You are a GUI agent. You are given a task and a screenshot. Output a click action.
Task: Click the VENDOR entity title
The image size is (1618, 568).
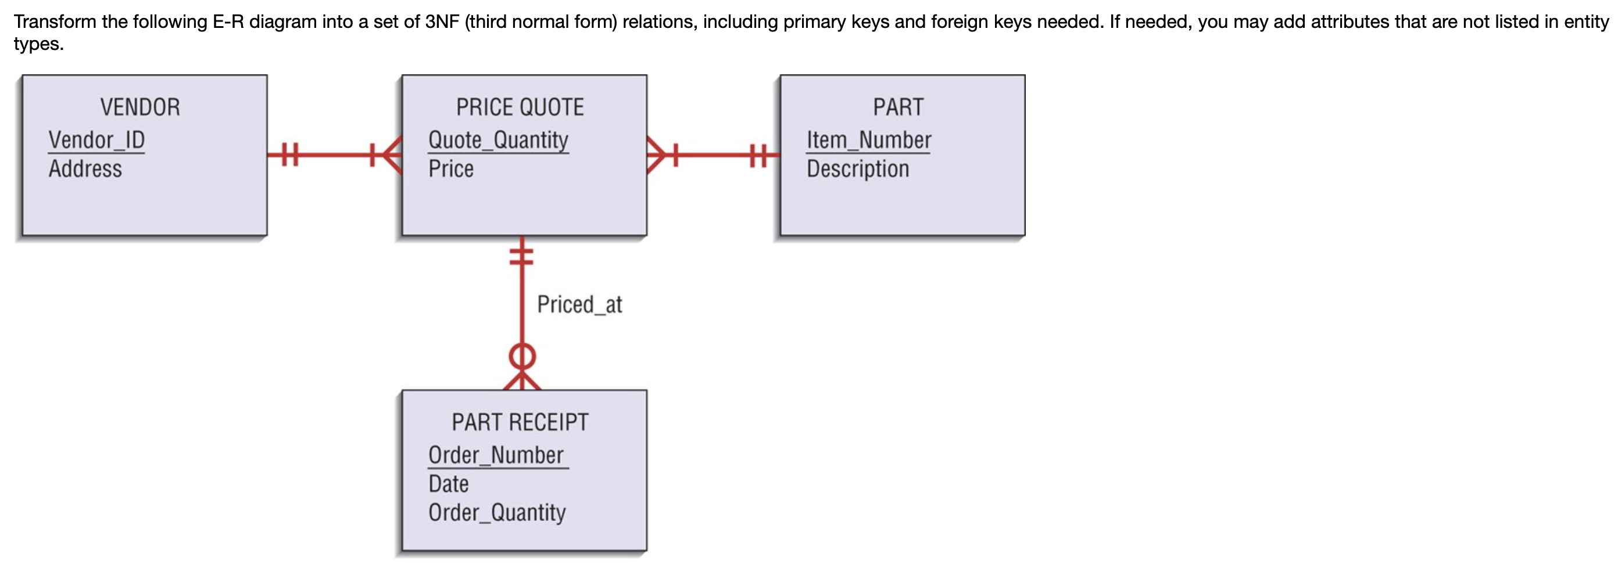point(140,107)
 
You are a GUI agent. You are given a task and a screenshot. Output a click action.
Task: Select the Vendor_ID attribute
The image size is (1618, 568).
point(96,140)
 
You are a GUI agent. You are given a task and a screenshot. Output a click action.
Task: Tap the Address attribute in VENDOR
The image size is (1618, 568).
point(85,169)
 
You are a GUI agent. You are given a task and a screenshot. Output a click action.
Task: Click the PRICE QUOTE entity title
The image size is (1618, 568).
point(520,107)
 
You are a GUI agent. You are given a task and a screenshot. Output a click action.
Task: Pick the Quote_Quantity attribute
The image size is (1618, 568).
point(498,140)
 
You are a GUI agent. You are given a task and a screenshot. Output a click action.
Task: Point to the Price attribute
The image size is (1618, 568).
point(451,169)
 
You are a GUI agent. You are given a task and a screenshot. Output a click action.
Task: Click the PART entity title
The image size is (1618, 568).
point(898,107)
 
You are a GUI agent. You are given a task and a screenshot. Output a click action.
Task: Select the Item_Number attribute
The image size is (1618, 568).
point(869,140)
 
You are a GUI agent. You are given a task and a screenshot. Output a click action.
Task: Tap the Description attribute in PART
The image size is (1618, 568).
point(858,169)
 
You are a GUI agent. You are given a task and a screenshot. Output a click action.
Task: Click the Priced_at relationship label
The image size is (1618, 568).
point(579,304)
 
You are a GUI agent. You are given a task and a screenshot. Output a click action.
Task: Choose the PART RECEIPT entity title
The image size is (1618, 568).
point(520,422)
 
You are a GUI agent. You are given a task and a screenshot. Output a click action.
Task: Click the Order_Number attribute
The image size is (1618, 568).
point(496,455)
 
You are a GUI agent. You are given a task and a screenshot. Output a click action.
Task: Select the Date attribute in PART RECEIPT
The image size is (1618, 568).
point(449,484)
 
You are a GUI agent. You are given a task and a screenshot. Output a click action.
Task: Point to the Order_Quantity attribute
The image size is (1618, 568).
point(497,513)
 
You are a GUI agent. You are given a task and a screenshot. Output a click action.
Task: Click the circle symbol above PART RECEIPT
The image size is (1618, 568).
point(522,357)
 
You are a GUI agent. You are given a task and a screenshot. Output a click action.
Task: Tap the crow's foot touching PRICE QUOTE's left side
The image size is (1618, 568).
point(391,154)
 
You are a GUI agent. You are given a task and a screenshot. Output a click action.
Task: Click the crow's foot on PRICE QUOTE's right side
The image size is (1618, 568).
point(656,154)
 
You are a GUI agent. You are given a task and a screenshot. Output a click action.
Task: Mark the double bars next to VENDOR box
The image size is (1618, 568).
point(289,154)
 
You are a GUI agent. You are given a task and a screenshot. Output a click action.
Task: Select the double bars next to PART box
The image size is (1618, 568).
point(758,154)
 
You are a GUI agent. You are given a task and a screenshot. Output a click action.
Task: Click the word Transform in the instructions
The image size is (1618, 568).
point(55,22)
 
